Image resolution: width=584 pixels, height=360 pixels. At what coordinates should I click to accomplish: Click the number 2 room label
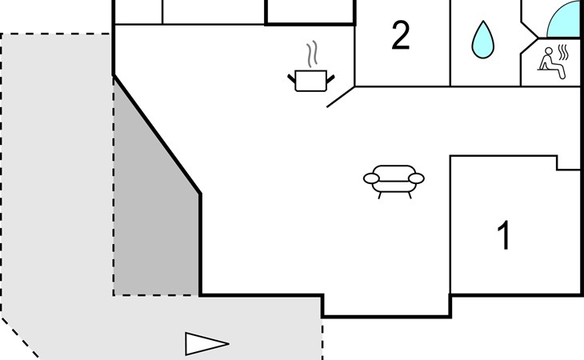(x=401, y=35)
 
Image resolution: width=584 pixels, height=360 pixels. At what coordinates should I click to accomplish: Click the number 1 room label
(x=504, y=235)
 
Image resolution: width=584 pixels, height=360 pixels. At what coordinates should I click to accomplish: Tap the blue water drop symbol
(x=482, y=40)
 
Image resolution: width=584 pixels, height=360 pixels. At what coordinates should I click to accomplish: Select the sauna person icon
(x=551, y=63)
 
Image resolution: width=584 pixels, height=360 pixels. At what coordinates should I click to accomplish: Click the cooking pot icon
(x=311, y=81)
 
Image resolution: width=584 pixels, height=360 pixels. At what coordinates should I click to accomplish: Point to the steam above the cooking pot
(x=313, y=54)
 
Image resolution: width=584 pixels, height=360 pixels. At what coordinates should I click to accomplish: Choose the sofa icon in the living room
(x=394, y=182)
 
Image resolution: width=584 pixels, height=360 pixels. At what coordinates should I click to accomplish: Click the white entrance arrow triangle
(x=206, y=344)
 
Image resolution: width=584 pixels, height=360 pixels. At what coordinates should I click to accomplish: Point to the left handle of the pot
(x=291, y=78)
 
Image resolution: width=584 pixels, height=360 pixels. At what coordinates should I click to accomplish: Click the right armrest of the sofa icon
(x=416, y=178)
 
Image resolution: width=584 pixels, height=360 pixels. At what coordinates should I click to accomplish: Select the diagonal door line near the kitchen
(x=341, y=97)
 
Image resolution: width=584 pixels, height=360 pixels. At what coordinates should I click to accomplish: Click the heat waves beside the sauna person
(x=564, y=53)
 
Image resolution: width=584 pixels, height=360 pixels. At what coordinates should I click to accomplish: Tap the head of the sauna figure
(x=549, y=51)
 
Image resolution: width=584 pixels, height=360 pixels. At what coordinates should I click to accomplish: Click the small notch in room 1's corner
(x=568, y=162)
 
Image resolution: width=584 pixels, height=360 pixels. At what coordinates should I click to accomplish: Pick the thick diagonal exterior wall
(x=157, y=134)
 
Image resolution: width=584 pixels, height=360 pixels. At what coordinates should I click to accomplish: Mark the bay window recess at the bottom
(x=386, y=306)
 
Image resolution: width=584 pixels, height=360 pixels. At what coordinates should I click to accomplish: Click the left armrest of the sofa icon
(x=371, y=178)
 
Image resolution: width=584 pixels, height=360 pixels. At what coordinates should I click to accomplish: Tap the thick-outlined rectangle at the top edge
(x=310, y=12)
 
